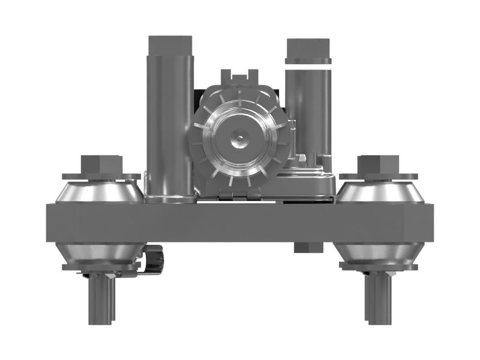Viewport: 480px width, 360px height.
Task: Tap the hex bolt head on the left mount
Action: point(101,164)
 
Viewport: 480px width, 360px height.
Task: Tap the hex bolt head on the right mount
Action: point(378,164)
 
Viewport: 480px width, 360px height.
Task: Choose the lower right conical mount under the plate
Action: point(378,253)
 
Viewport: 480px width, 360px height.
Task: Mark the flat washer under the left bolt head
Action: point(101,176)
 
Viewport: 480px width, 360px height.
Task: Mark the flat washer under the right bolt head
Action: point(378,176)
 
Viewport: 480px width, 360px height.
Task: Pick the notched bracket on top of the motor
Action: point(239,77)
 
